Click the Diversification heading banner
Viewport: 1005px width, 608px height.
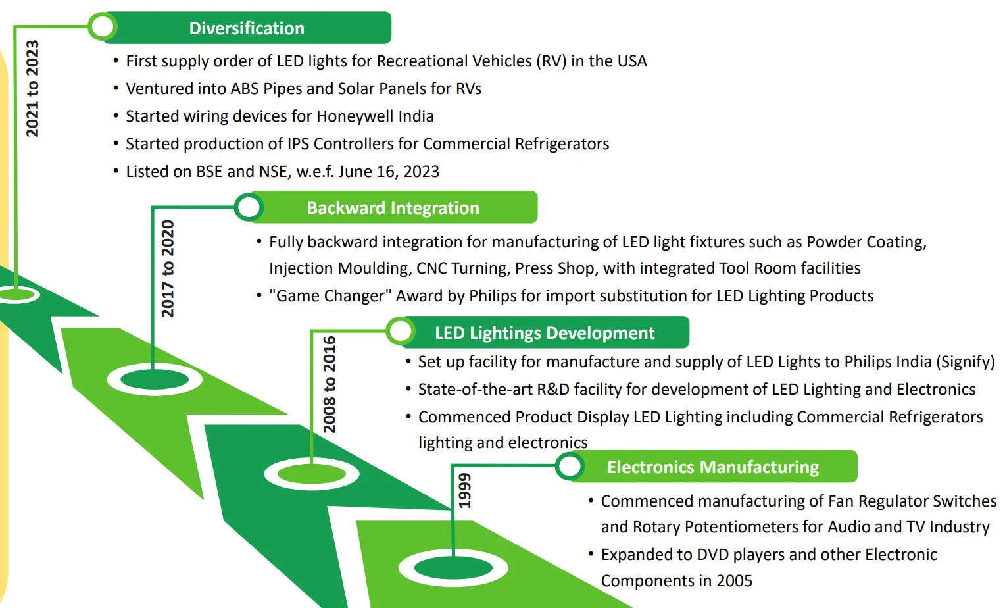coord(247,28)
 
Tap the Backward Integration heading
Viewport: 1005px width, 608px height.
coord(393,208)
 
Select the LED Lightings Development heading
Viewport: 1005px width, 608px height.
coord(544,333)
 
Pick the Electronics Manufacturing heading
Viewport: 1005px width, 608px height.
coord(712,467)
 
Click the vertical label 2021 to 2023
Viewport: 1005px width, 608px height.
coord(32,88)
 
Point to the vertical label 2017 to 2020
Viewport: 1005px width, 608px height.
coord(168,268)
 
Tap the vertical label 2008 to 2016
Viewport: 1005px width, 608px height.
coord(329,384)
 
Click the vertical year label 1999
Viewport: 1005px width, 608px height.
coord(465,490)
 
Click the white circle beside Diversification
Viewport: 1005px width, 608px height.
coord(103,27)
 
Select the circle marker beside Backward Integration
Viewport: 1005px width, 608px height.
coord(249,207)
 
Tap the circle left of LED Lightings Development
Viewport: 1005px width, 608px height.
coord(401,332)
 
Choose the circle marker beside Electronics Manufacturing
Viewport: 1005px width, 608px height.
coord(570,467)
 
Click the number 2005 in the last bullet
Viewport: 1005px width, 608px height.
coord(734,581)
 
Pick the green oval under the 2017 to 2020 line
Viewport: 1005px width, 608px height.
coord(155,379)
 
